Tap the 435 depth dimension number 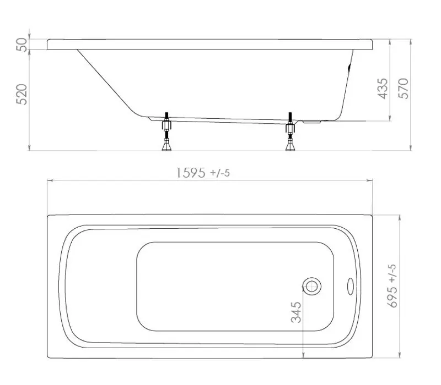382,88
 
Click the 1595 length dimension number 190,173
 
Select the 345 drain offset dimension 296,312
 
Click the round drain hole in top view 311,285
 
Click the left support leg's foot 165,146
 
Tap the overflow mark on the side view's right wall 348,69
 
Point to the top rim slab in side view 209,44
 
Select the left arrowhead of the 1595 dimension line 50,180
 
